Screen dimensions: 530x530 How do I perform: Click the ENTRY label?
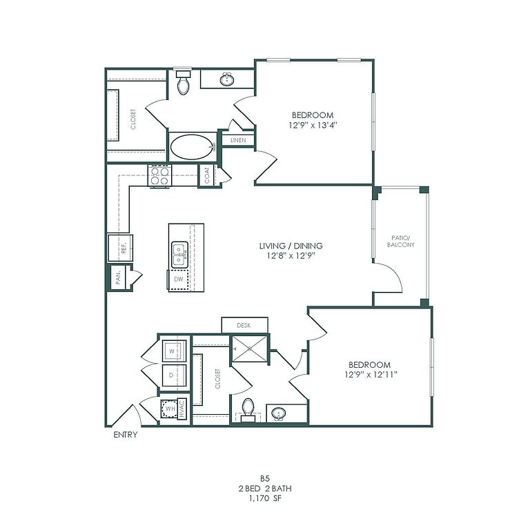pyautogui.click(x=126, y=435)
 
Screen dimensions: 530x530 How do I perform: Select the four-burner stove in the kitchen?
pyautogui.click(x=160, y=176)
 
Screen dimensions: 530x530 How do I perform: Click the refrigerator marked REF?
pyautogui.click(x=120, y=248)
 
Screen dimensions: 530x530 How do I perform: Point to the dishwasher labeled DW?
pyautogui.click(x=179, y=279)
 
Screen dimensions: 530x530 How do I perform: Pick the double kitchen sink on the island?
pyautogui.click(x=179, y=255)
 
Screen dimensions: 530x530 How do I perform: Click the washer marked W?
pyautogui.click(x=174, y=351)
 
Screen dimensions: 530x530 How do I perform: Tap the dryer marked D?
pyautogui.click(x=174, y=375)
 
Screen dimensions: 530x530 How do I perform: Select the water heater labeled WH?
pyautogui.click(x=170, y=409)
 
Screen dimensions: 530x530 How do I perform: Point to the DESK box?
pyautogui.click(x=245, y=325)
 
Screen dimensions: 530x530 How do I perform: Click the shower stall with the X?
pyautogui.click(x=250, y=349)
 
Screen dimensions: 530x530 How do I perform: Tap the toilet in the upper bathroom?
pyautogui.click(x=184, y=82)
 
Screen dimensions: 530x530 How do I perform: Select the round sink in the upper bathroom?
pyautogui.click(x=227, y=80)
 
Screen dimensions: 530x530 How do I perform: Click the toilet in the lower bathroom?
pyautogui.click(x=248, y=410)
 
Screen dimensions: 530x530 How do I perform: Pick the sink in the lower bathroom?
pyautogui.click(x=279, y=413)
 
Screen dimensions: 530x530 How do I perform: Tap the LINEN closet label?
pyautogui.click(x=238, y=140)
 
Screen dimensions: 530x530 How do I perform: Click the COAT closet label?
pyautogui.click(x=207, y=175)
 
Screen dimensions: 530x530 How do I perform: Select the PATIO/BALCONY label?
pyautogui.click(x=400, y=242)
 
